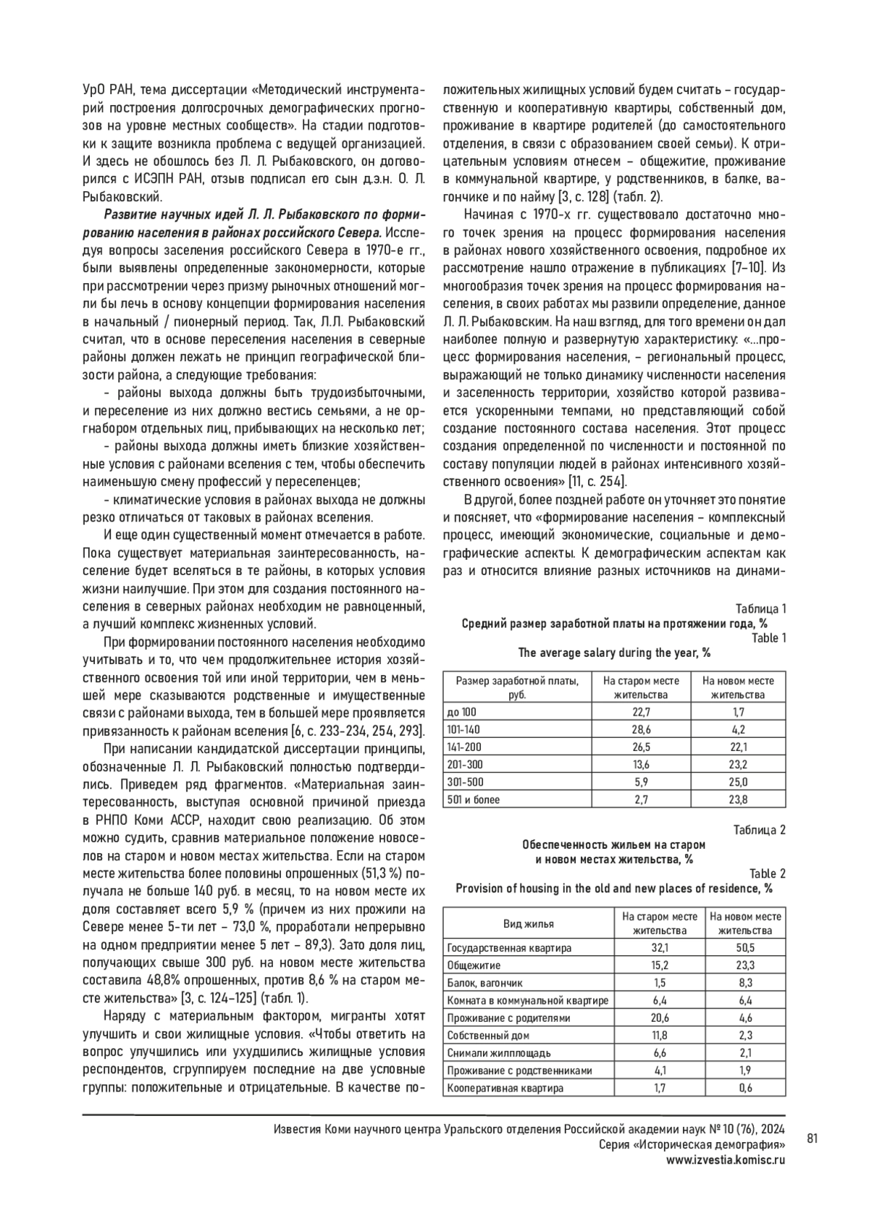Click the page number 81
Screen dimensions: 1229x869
(x=812, y=1138)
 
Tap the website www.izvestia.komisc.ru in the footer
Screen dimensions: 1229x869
(x=726, y=1159)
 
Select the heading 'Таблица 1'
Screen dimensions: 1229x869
(x=760, y=608)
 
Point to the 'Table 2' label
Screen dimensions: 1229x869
(x=767, y=873)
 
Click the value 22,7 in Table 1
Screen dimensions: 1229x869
(x=641, y=712)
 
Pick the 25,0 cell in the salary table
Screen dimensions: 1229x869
(x=738, y=782)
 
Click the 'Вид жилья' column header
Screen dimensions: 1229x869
(x=529, y=923)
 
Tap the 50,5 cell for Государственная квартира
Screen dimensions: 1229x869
(x=745, y=947)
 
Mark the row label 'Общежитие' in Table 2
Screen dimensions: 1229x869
(x=474, y=965)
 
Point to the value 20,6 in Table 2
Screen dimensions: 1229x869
(x=660, y=1018)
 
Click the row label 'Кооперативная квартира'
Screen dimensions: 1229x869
(x=505, y=1088)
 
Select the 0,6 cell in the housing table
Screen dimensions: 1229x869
(x=745, y=1088)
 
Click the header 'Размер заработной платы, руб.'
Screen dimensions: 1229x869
(x=517, y=687)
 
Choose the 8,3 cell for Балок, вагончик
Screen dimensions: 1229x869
(x=745, y=983)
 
